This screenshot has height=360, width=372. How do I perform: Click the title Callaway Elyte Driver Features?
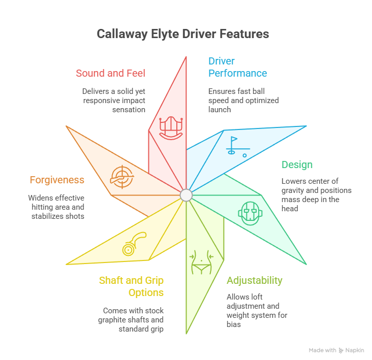(x=182, y=35)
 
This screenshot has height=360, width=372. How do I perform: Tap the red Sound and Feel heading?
(x=110, y=73)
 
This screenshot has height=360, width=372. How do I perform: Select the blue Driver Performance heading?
(x=237, y=67)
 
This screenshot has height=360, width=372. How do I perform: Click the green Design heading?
(x=297, y=165)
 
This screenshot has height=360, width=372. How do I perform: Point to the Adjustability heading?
(x=254, y=281)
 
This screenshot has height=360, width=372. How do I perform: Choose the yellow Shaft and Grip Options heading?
(x=131, y=286)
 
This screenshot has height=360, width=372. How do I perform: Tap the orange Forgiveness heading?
(x=57, y=180)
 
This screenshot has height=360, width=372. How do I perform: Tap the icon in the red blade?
(x=171, y=127)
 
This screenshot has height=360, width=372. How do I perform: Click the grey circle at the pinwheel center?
(x=186, y=195)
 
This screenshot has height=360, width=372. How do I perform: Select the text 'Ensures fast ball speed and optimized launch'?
(x=243, y=101)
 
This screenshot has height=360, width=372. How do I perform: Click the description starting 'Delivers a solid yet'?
(x=113, y=100)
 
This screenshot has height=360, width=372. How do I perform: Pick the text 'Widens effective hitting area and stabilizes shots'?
(x=56, y=207)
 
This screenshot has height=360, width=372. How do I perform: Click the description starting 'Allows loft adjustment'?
(x=257, y=310)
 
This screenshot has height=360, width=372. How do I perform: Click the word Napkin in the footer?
(x=355, y=350)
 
